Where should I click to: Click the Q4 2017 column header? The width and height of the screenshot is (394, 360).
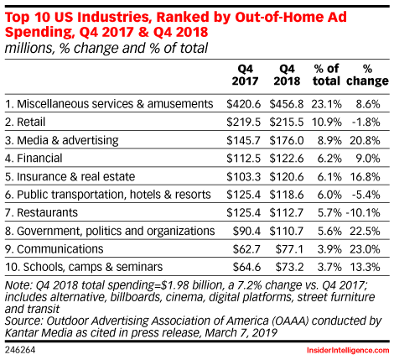245,75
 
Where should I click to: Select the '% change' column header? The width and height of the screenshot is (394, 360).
367,75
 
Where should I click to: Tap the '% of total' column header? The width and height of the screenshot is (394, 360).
326,75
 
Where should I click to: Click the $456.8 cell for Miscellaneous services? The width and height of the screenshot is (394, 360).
287,104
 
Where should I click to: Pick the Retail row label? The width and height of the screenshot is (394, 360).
25,122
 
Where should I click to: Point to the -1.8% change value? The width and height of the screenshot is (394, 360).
366,122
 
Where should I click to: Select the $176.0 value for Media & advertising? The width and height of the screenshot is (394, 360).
287,140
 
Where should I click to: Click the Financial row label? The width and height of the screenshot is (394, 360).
34,159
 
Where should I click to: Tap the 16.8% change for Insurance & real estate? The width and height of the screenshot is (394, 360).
365,177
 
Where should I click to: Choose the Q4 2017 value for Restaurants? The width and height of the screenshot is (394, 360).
244,212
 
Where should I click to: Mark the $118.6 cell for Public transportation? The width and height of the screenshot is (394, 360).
287,195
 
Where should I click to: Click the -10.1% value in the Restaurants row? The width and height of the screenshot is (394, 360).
363,212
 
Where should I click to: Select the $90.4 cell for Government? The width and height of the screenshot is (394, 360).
246,231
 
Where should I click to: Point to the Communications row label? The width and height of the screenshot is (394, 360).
54,249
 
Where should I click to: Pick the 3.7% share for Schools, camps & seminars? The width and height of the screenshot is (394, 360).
329,267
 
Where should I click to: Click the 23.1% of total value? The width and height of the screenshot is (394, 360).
326,104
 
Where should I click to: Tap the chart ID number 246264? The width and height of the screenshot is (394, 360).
20,350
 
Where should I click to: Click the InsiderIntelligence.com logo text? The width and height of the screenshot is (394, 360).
348,350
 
